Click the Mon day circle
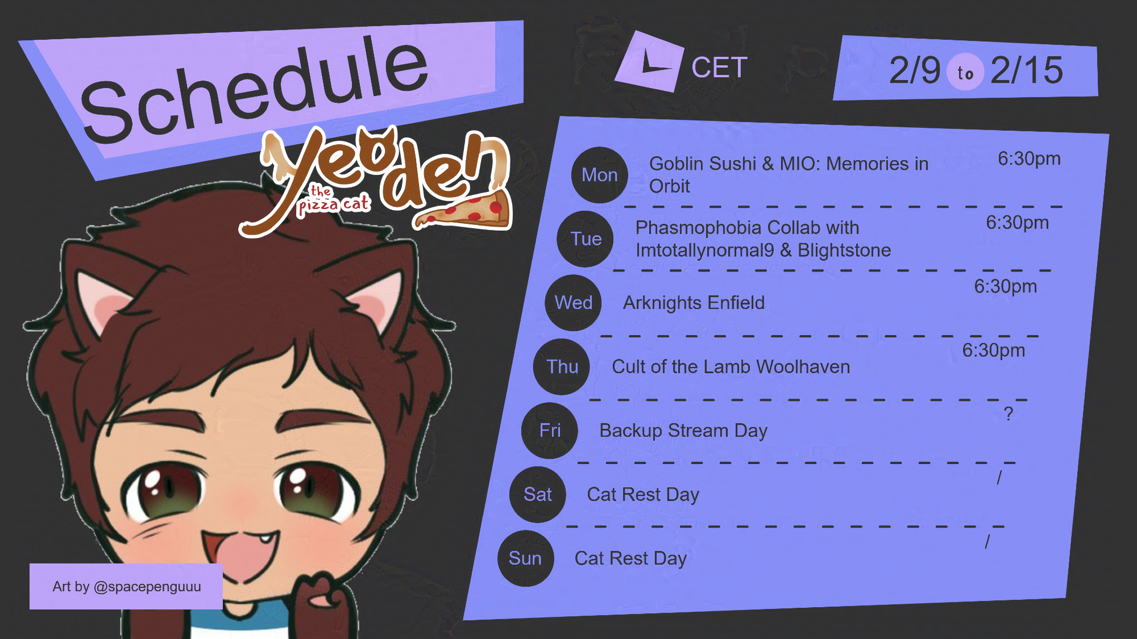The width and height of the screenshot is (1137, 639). click(600, 175)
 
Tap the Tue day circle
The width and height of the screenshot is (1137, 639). click(586, 239)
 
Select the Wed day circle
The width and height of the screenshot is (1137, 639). click(574, 303)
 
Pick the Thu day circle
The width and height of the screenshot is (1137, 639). click(562, 367)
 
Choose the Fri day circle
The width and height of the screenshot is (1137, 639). click(550, 431)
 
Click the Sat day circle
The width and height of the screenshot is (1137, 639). click(538, 495)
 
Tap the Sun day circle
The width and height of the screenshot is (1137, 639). click(526, 558)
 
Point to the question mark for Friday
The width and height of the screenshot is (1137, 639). click(1009, 414)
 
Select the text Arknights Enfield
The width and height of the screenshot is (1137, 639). click(694, 303)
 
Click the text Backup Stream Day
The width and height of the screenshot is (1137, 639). click(683, 431)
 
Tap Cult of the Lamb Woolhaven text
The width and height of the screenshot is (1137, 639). click(731, 367)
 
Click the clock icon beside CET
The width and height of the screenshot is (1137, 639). click(650, 62)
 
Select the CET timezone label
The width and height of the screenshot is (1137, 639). click(719, 68)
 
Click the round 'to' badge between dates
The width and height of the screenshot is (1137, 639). click(965, 72)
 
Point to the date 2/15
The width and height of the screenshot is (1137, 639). click(1027, 70)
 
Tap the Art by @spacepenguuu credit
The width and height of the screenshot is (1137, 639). click(126, 586)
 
